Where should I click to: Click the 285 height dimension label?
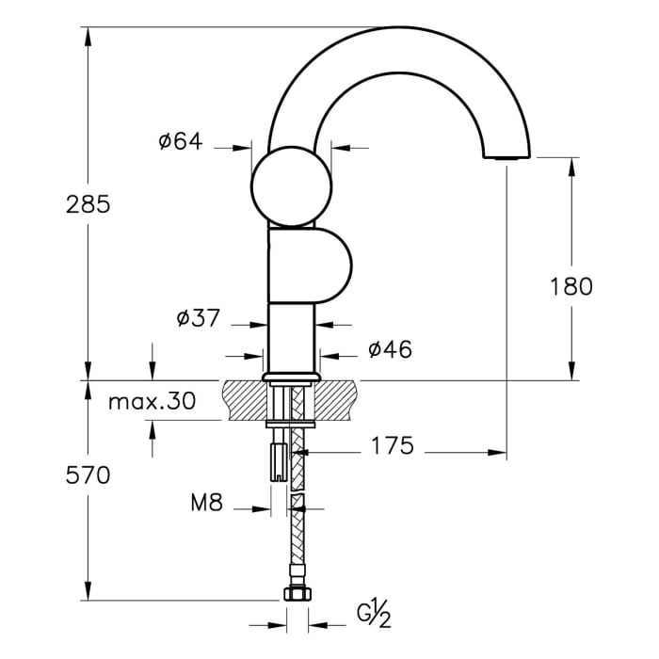(88, 203)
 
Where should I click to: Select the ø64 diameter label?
(181, 141)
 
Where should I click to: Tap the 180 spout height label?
(571, 286)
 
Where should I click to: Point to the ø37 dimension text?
(198, 318)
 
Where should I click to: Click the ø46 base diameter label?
(390, 349)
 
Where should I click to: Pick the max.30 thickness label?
(152, 402)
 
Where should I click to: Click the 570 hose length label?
(88, 475)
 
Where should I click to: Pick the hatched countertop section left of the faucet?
(244, 399)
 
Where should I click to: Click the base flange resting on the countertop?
(292, 377)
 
